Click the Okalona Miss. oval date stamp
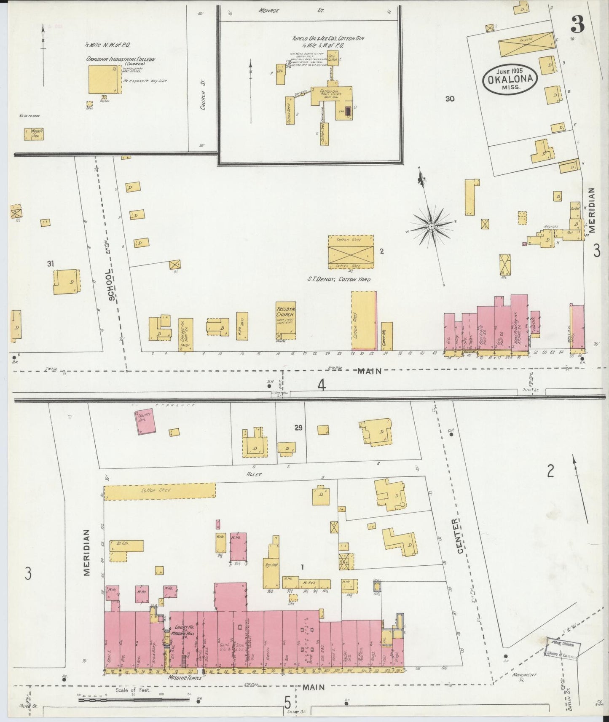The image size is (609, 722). (x=510, y=79)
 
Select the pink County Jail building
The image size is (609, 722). (x=145, y=420)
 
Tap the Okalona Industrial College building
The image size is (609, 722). (x=104, y=80)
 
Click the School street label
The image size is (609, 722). (x=111, y=285)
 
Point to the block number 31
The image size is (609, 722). (x=51, y=264)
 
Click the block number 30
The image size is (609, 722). (x=450, y=99)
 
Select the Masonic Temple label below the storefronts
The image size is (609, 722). (x=185, y=678)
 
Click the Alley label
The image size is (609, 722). (x=255, y=474)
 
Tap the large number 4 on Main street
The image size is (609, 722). (x=322, y=385)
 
